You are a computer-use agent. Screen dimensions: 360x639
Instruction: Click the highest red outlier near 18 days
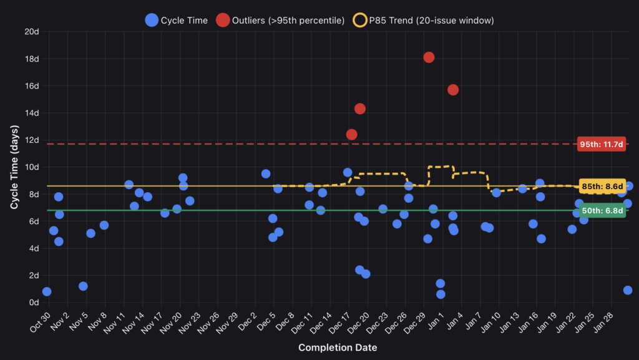click(x=429, y=57)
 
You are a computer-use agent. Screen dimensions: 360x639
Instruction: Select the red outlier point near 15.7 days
click(x=453, y=90)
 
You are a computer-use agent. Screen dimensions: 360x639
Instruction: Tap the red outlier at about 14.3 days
click(x=359, y=109)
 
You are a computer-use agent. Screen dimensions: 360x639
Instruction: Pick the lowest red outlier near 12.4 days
click(x=351, y=134)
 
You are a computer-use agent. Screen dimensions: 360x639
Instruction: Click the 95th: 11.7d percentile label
click(x=602, y=144)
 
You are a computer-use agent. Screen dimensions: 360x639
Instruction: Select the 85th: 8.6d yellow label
click(x=602, y=186)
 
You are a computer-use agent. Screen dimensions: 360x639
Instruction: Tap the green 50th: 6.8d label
click(x=602, y=211)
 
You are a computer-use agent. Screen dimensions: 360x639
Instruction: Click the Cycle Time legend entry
click(x=177, y=20)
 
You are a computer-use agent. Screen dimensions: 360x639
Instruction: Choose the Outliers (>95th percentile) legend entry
click(x=280, y=20)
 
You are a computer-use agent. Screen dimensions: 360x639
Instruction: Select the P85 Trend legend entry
click(x=424, y=20)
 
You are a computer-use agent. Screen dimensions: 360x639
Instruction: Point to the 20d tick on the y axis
click(x=31, y=31)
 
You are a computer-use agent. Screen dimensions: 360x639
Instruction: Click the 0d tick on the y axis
click(x=34, y=303)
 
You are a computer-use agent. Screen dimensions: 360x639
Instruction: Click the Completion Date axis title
click(x=337, y=348)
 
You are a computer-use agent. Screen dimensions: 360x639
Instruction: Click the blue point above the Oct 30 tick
click(x=47, y=291)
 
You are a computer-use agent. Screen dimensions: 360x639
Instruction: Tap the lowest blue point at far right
click(x=628, y=290)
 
